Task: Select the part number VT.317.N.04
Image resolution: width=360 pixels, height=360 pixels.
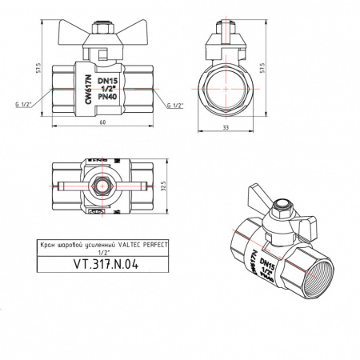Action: click(106, 264)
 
